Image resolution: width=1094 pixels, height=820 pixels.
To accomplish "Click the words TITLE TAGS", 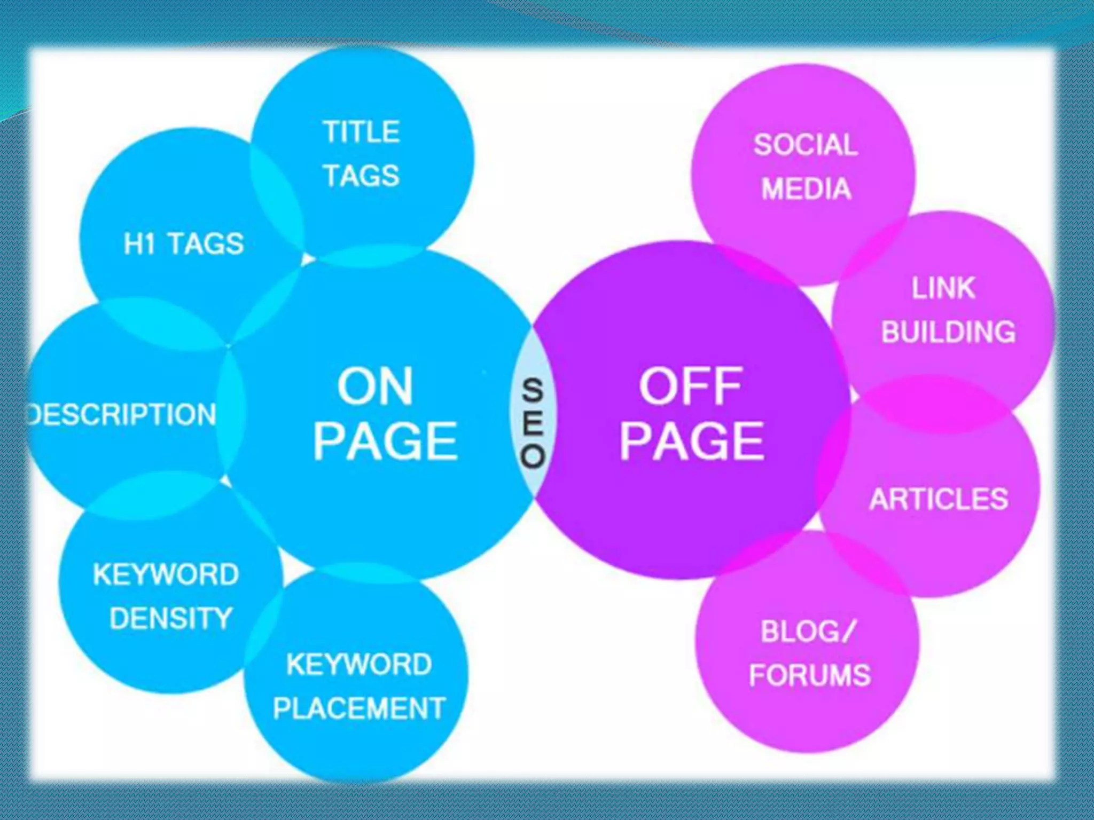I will coord(362,154).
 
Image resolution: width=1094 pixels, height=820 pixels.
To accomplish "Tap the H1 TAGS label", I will coord(184,244).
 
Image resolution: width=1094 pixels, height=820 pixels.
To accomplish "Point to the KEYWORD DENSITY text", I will coord(167,596).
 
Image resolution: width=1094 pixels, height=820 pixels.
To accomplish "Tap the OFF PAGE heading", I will coord(691,414).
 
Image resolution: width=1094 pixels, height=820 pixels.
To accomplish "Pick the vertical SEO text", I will coord(533,423).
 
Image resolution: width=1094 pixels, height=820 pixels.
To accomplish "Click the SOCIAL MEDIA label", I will coord(806,167).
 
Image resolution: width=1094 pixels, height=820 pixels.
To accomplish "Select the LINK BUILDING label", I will coord(948,310).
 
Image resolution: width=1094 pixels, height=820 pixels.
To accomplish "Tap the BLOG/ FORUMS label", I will coord(809,653).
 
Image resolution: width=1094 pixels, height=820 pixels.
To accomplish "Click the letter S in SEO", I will coord(533,390).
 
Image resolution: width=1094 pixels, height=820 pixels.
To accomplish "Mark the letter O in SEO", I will coord(533,457).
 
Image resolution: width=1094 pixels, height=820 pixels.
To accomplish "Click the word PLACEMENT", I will coord(359,708).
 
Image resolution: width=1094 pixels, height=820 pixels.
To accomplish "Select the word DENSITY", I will coord(171,618).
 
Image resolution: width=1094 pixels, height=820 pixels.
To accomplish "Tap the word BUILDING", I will coord(948,332).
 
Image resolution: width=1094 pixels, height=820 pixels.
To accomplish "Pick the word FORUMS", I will coord(810,675).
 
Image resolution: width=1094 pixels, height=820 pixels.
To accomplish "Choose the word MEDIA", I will coord(806,189).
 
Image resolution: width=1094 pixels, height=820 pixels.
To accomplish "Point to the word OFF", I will coord(691,386).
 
